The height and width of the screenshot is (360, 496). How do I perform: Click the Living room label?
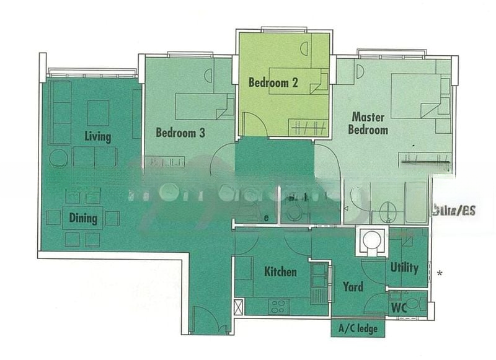click(97, 136)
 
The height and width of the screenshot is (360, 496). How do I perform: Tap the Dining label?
click(83, 218)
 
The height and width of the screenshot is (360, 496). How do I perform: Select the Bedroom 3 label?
click(180, 133)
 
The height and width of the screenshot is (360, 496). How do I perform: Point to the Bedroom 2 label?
click(270, 82)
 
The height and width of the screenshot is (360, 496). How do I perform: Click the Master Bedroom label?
click(368, 123)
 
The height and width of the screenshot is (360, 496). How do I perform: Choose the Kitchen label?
click(280, 272)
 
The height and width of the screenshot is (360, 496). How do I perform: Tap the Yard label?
click(353, 287)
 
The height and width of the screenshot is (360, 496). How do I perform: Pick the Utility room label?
click(404, 268)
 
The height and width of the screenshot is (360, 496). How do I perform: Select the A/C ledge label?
click(358, 329)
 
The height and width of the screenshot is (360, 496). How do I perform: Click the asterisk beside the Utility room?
click(440, 273)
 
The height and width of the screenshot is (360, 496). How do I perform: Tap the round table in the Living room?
click(59, 158)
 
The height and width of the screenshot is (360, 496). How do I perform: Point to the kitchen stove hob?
click(278, 305)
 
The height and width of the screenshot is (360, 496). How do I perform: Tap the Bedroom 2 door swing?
click(253, 125)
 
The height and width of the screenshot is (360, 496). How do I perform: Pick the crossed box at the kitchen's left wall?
click(239, 307)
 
